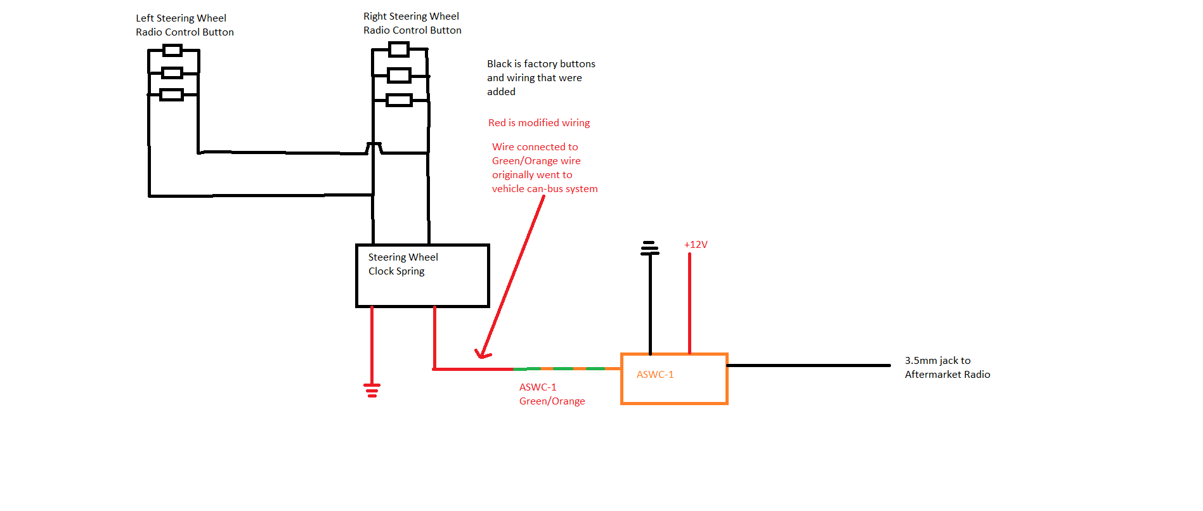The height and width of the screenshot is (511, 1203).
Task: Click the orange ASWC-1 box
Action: point(674,379)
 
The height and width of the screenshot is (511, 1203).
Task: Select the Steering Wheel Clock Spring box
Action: point(422,276)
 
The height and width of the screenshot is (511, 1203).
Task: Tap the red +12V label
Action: point(696,245)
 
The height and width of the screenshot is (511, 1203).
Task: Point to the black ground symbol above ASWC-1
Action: point(650,248)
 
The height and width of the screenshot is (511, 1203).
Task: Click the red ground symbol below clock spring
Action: point(372,390)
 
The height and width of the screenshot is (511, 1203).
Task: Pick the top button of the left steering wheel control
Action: point(172,51)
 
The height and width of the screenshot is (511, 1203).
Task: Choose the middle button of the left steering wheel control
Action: point(172,73)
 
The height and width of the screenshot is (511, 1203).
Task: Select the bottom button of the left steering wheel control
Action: point(171,95)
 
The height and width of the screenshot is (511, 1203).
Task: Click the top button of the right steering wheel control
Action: point(399,49)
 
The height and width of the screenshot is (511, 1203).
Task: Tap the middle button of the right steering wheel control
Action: point(399,75)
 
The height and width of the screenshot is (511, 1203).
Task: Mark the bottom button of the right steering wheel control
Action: point(399,100)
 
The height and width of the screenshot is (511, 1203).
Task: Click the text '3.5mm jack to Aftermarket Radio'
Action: point(947,368)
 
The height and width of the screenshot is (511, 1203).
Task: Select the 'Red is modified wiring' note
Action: point(539,123)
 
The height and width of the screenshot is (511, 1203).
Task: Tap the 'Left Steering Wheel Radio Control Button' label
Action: point(185,25)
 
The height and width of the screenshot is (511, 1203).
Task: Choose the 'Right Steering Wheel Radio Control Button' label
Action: point(412,23)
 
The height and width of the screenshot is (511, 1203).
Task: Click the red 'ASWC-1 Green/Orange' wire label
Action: point(552,394)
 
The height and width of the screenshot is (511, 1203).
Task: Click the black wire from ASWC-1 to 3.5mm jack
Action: point(809,365)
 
